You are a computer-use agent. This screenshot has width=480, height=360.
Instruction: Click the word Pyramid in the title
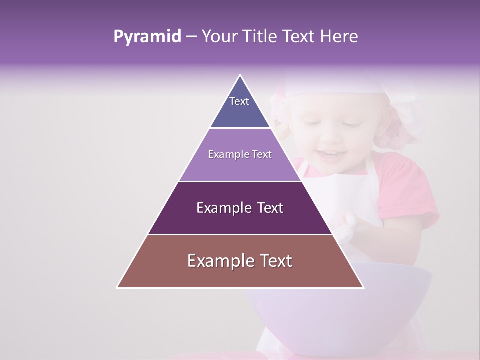click(x=147, y=37)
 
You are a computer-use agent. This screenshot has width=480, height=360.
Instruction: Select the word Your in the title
click(x=219, y=37)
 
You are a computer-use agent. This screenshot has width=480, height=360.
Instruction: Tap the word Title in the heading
click(x=260, y=37)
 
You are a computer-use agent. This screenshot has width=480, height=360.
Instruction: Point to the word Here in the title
click(x=339, y=37)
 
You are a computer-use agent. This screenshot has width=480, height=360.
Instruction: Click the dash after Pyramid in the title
click(x=191, y=37)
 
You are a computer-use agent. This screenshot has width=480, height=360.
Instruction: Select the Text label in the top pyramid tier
click(x=239, y=101)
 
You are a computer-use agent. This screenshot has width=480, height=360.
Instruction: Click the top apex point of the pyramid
click(x=240, y=75)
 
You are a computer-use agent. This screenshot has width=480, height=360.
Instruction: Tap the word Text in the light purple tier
click(x=262, y=155)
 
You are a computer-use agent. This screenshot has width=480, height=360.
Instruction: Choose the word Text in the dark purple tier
click(x=270, y=208)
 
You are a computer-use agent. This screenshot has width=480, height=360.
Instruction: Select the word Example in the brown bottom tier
click(x=218, y=261)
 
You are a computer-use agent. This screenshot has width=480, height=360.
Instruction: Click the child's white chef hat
click(x=340, y=85)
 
